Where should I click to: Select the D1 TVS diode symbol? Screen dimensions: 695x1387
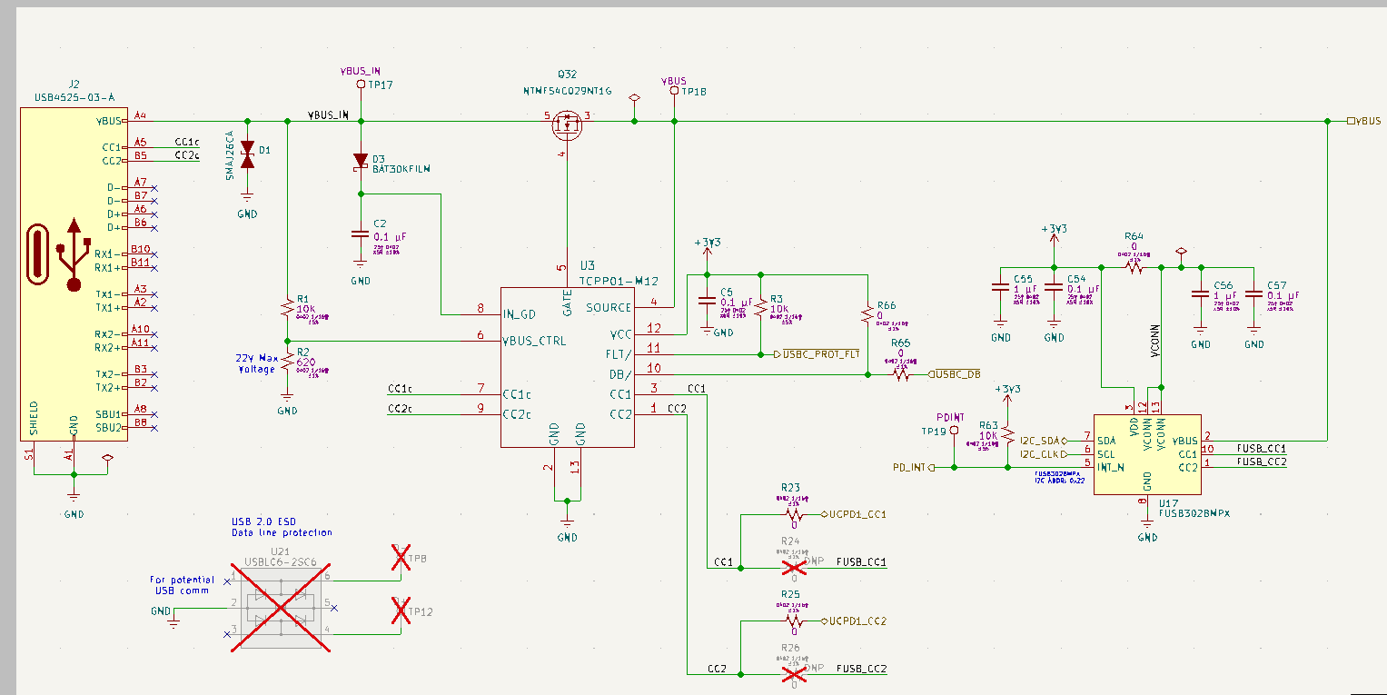247,154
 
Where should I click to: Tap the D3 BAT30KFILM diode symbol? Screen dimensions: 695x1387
361,162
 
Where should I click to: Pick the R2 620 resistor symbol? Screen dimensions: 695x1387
287,362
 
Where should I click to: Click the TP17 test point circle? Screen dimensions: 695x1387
361,84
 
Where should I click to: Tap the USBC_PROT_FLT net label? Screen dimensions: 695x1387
819,353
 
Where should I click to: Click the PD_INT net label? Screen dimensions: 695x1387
909,467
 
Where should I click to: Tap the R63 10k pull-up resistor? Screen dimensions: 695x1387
1007,436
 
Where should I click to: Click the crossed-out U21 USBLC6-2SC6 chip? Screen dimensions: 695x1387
280,611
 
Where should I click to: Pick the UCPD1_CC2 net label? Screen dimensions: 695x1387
857,621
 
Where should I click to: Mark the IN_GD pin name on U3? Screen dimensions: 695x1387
520,314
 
